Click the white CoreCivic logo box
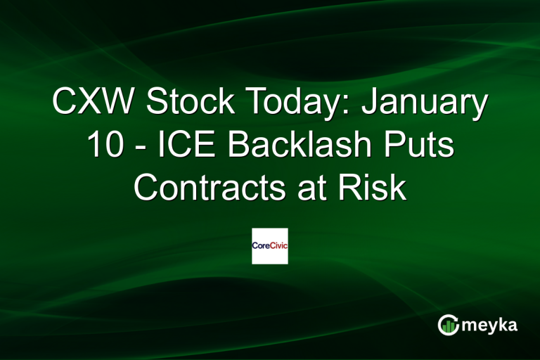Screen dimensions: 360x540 [270, 245]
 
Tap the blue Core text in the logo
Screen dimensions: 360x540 [261, 245]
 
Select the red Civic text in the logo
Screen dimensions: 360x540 [279, 245]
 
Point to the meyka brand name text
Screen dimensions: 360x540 [490, 325]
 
